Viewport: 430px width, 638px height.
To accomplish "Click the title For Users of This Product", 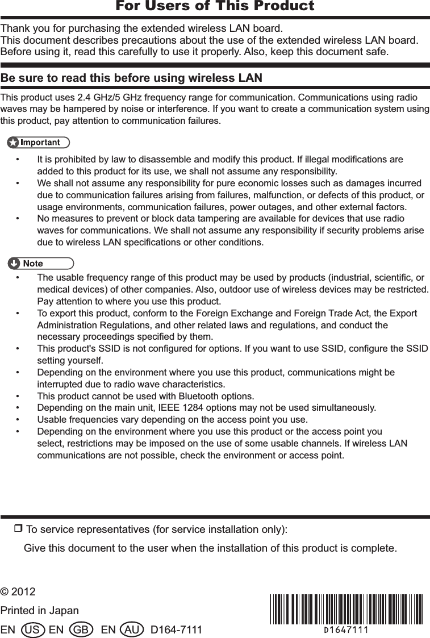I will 215,6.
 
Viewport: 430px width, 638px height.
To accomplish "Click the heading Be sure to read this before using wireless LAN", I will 132,77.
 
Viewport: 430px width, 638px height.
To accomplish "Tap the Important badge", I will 39,142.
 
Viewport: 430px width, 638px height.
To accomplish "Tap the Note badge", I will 40,263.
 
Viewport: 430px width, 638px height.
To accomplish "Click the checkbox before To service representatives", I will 17,529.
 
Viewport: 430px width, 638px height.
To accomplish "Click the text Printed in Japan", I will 40,611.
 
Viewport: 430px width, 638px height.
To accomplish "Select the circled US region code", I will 32,630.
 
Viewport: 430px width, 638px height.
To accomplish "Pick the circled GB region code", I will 80,630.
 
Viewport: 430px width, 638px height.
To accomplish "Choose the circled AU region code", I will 132,630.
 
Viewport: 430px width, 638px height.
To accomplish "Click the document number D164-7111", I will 176,630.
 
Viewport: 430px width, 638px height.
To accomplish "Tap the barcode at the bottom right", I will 345,608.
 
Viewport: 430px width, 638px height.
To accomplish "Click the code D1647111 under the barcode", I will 345,629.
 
